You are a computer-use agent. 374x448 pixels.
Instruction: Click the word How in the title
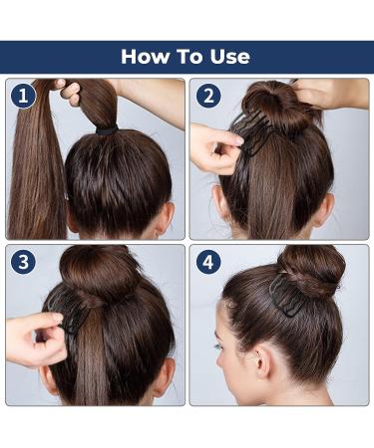click(145, 57)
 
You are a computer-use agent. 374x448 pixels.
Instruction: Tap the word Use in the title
click(230, 57)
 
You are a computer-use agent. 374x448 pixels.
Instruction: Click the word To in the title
click(189, 57)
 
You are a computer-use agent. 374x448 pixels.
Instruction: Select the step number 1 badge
click(23, 97)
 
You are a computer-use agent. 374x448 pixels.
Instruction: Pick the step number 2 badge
click(208, 97)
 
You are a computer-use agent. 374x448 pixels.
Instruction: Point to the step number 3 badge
click(23, 262)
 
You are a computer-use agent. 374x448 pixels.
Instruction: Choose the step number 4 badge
click(208, 262)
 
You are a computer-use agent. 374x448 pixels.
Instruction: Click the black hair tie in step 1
click(107, 129)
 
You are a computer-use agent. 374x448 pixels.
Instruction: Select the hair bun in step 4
click(311, 269)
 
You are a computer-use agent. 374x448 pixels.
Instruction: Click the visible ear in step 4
click(262, 360)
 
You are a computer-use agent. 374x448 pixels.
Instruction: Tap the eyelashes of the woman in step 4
click(218, 346)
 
